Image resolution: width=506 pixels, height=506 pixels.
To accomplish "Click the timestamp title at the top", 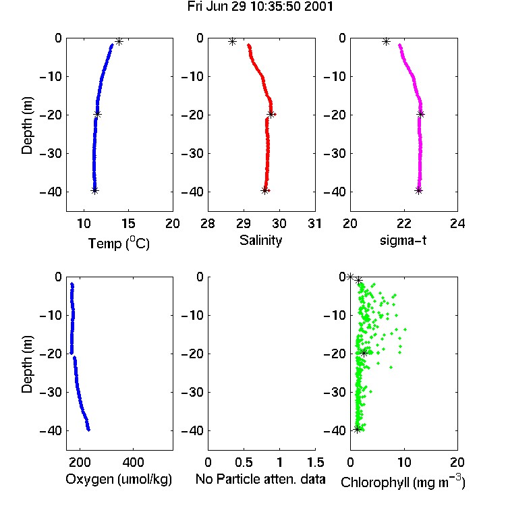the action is (x=260, y=7).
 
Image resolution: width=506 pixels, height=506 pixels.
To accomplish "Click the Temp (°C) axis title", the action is (x=119, y=243).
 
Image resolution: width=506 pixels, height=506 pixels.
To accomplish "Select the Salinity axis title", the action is (x=260, y=240).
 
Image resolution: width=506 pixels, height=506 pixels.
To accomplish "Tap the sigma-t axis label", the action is (x=403, y=240).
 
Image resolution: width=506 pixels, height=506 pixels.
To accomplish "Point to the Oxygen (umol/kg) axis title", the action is (x=119, y=479).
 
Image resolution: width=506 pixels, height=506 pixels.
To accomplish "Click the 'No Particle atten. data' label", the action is (x=260, y=479).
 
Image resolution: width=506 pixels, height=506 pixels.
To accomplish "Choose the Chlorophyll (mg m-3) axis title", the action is (x=403, y=482).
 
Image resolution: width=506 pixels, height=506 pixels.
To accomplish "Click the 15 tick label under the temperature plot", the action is (x=128, y=223).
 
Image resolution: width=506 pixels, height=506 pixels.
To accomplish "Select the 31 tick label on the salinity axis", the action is (x=314, y=223).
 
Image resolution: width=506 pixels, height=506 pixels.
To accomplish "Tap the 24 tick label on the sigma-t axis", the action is (x=457, y=223).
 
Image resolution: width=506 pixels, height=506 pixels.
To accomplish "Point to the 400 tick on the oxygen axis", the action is (x=133, y=462).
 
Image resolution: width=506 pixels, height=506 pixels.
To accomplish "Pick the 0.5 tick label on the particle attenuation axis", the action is (x=244, y=462).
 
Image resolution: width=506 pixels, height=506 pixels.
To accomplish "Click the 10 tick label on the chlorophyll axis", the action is (x=403, y=462).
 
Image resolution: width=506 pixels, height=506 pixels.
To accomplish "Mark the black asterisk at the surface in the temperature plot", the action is (x=119, y=41).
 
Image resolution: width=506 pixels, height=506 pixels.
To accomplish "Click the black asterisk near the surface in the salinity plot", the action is (x=232, y=41).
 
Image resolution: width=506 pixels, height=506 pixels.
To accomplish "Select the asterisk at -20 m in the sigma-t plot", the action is (x=420, y=114).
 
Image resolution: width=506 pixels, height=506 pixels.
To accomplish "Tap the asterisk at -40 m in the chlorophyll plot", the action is (x=357, y=429).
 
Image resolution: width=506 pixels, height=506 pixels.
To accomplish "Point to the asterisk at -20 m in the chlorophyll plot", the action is (x=364, y=353).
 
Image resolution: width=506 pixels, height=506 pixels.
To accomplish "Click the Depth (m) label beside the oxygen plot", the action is (x=27, y=364).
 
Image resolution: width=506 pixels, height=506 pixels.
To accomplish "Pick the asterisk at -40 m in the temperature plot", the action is (x=94, y=190).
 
